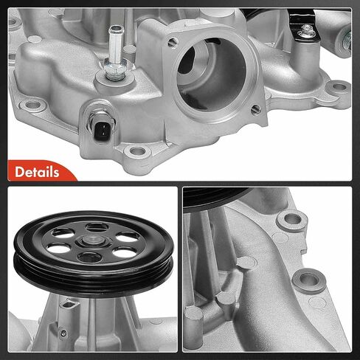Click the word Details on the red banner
click(x=37, y=172)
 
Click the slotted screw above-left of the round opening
click(x=173, y=42)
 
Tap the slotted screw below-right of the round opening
click(x=256, y=108)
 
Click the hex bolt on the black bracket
click(x=305, y=31)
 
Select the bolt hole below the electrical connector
click(x=136, y=151)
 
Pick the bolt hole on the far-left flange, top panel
click(x=32, y=105)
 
